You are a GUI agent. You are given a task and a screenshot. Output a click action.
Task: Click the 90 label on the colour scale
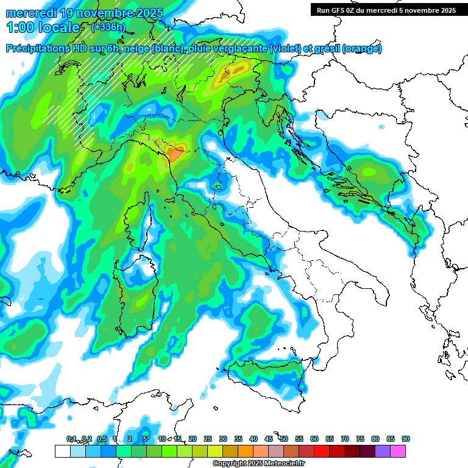pyautogui.click(x=406, y=439)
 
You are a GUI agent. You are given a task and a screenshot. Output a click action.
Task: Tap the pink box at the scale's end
pyautogui.click(x=399, y=451)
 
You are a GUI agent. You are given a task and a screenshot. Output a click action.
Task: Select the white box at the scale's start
pyautogui.click(x=62, y=451)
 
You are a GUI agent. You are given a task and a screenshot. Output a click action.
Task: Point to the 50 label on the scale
pyautogui.click(x=284, y=439)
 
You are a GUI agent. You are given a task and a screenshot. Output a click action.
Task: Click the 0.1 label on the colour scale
pyautogui.click(x=71, y=439)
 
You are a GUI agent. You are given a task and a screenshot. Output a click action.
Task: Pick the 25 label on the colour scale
pyautogui.click(x=208, y=439)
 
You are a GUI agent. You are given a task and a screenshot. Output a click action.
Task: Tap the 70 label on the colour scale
pyautogui.click(x=345, y=439)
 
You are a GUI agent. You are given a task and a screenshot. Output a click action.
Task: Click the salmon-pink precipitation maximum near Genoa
pyautogui.click(x=175, y=154)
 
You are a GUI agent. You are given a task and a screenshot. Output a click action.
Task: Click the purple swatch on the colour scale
pyautogui.click(x=383, y=451)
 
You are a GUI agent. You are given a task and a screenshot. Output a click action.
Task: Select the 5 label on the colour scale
pyautogui.click(x=145, y=439)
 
